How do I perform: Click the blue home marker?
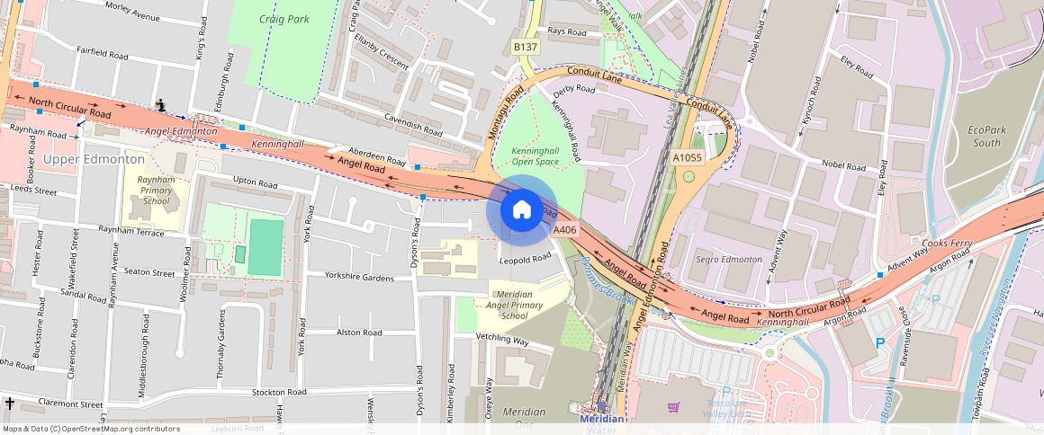coord(521,209)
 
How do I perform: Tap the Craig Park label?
coord(283,18)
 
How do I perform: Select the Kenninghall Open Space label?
coord(535,156)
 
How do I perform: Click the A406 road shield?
coord(564,230)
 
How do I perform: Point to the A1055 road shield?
coord(688,157)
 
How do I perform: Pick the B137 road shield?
coord(525,46)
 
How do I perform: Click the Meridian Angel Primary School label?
coord(513,305)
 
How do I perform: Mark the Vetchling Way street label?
coord(502,340)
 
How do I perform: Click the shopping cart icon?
coord(673,407)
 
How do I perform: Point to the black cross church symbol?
coord(9,404)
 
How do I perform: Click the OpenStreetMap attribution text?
coord(91,429)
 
